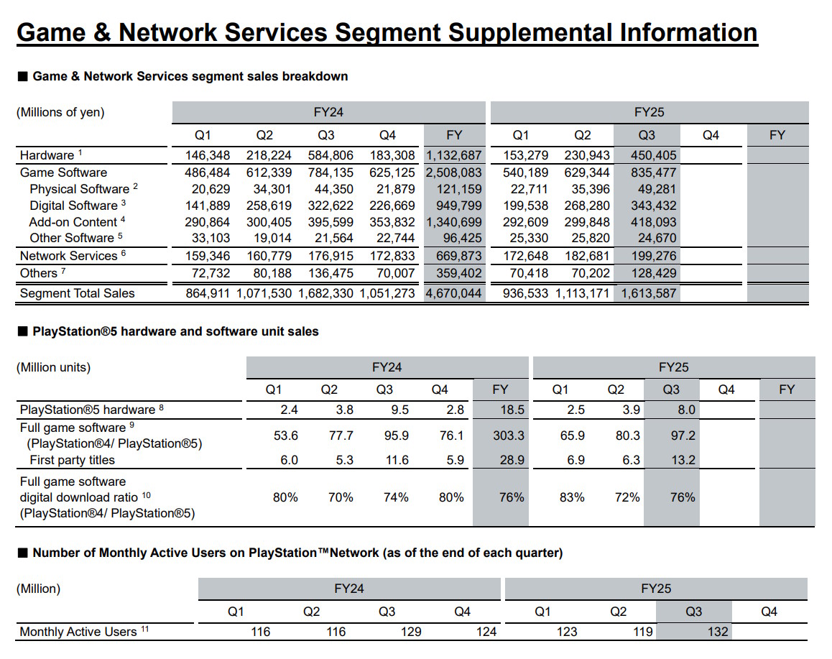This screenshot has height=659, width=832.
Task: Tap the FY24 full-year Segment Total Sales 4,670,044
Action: (454, 293)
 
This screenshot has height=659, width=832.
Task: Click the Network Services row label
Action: (68, 256)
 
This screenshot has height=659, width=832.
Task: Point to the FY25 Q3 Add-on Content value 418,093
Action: (647, 222)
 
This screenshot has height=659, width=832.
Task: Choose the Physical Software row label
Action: (79, 189)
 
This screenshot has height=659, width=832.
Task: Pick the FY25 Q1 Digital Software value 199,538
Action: (519, 206)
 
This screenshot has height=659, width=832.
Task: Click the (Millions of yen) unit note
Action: (60, 112)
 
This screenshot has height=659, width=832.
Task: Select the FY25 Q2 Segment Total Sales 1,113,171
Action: (583, 293)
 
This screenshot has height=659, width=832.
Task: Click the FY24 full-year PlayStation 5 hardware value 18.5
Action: (500, 410)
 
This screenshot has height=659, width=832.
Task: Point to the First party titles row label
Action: (72, 460)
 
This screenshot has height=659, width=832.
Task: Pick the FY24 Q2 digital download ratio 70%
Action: (341, 497)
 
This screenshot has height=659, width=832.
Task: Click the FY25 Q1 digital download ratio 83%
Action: (571, 497)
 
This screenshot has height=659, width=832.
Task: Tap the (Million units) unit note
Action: (54, 367)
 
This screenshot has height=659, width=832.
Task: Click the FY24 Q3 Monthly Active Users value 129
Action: (410, 632)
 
